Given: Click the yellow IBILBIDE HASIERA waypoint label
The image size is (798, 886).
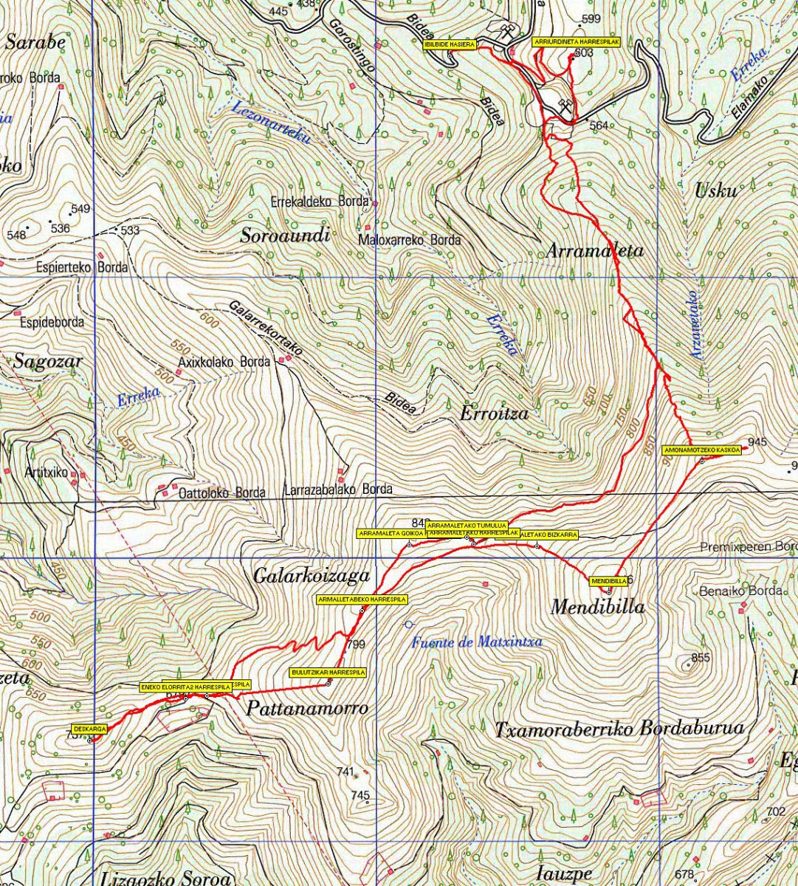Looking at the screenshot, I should (x=449, y=45).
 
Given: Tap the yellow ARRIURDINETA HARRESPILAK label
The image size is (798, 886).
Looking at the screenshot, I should (x=575, y=42).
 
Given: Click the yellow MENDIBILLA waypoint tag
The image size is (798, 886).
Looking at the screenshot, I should (x=609, y=581).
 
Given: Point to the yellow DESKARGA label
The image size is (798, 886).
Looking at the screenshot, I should (x=90, y=729).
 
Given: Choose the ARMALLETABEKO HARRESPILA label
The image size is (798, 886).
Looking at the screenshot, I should (x=362, y=600).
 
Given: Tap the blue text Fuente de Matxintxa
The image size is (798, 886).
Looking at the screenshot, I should (x=477, y=642).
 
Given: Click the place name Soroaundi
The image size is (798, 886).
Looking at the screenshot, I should (x=285, y=236).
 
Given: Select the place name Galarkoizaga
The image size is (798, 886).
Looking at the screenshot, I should (x=311, y=575).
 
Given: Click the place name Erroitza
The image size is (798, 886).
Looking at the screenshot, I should (x=494, y=413).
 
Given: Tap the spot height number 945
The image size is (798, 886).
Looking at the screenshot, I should (x=757, y=442).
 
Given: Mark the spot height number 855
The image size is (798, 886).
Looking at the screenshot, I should (x=701, y=657).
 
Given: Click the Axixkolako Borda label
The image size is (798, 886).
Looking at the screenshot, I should (x=224, y=362).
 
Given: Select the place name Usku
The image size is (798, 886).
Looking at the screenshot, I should (x=715, y=191).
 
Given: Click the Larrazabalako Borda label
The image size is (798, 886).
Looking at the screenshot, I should (x=338, y=489).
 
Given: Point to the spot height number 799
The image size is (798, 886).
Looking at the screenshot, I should (x=356, y=645).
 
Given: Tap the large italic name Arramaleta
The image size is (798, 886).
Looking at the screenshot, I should (x=594, y=251).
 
